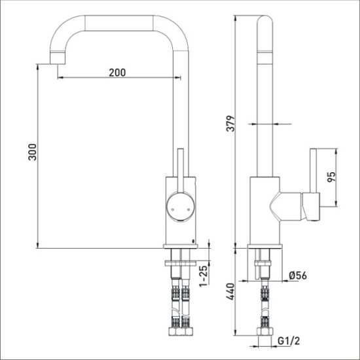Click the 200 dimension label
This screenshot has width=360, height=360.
[x=117, y=73]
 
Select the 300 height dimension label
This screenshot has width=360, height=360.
[x=32, y=152]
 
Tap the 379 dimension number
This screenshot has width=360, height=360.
[x=231, y=124]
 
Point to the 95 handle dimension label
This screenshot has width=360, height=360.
[x=331, y=177]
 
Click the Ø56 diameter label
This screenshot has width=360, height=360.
[x=298, y=276]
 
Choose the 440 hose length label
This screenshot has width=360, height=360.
[x=230, y=291]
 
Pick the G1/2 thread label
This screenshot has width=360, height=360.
[x=289, y=341]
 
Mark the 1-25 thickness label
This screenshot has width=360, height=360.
[x=204, y=276]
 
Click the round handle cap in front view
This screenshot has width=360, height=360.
[x=181, y=207]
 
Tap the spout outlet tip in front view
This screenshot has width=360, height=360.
[x=58, y=58]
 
